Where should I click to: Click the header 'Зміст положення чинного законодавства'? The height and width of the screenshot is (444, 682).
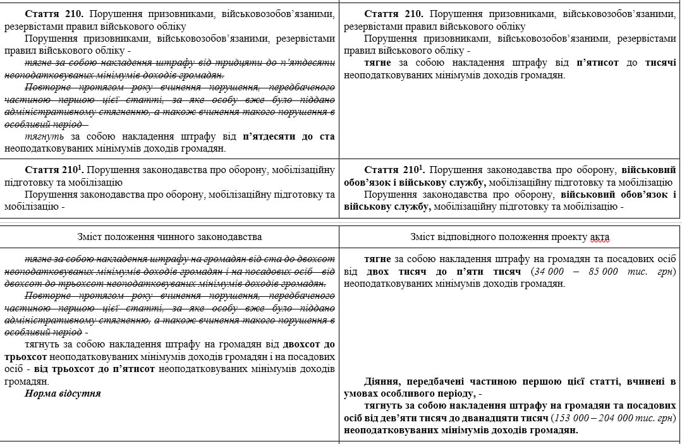(x=169, y=237)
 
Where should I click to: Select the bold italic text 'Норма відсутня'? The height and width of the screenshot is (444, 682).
(x=63, y=393)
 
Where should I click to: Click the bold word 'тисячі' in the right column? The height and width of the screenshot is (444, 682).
(x=661, y=63)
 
